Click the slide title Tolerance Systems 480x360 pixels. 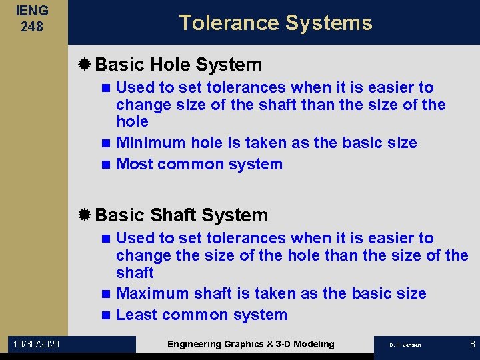pyautogui.click(x=275, y=23)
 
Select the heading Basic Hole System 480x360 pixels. pyautogui.click(x=179, y=65)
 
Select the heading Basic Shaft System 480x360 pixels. pyautogui.click(x=181, y=215)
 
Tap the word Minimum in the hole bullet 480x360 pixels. pyautogui.click(x=151, y=143)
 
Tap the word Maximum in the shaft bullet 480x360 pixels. pyautogui.click(x=153, y=293)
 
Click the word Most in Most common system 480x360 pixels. pyautogui.click(x=133, y=164)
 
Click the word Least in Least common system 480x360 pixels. pyautogui.click(x=136, y=315)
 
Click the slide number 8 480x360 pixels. pyautogui.click(x=472, y=344)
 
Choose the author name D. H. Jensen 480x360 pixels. pyautogui.click(x=405, y=345)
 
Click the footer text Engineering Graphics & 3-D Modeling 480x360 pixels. pyautogui.click(x=251, y=344)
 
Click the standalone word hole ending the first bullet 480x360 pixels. pyautogui.click(x=132, y=121)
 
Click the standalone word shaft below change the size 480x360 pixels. pyautogui.click(x=135, y=273)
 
